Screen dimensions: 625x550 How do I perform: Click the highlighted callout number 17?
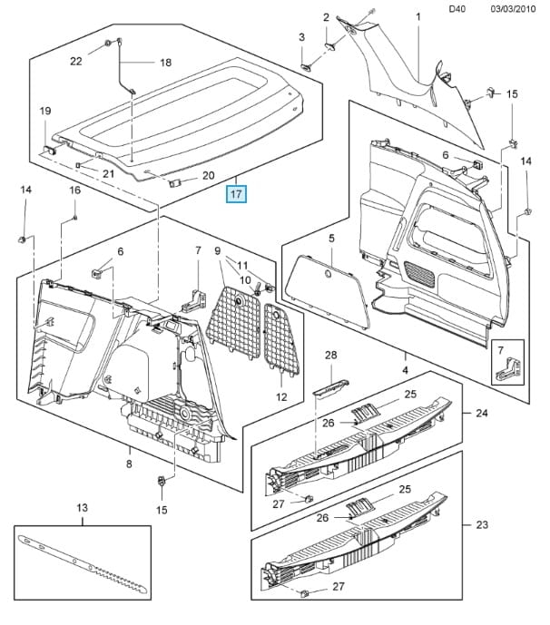point(236,193)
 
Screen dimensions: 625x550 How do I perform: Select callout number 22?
point(76,62)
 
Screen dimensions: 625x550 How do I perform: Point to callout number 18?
point(165,63)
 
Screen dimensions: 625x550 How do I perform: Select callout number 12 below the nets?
point(281,397)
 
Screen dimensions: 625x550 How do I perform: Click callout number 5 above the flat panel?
point(331,239)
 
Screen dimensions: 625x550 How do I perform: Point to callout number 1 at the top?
point(418,17)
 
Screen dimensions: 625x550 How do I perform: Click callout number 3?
point(302,36)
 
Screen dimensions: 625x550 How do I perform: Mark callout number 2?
point(327,17)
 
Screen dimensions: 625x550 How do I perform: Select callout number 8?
point(129,464)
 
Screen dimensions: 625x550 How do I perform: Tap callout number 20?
point(208,176)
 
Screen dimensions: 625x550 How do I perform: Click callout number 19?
point(44,111)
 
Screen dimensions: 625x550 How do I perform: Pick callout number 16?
point(75,190)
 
